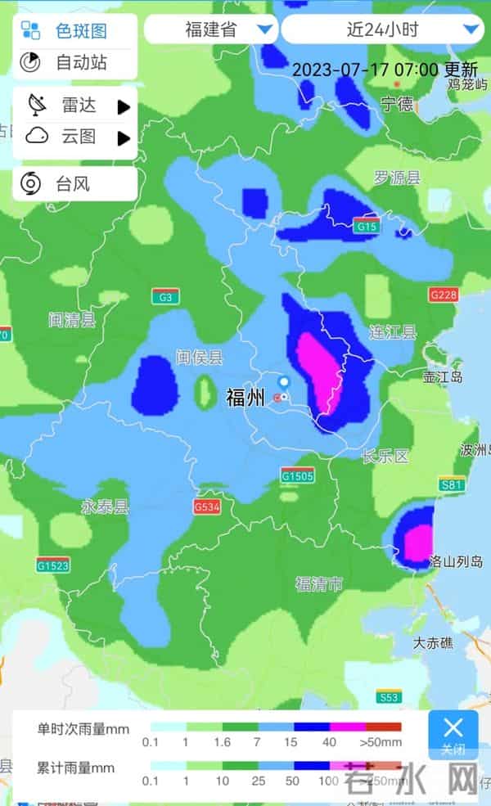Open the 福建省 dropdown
coord(211,29)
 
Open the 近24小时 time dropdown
coord(382,29)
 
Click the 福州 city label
coord(245,398)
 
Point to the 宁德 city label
coord(398,103)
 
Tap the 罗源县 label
coord(396,178)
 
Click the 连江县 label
coord(393,332)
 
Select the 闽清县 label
coord(72,320)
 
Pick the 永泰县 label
coord(105,507)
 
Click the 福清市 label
coord(320,583)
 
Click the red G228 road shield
coord(444,295)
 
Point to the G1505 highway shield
coord(297,475)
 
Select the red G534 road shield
coord(208,507)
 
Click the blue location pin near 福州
coord(284,383)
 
